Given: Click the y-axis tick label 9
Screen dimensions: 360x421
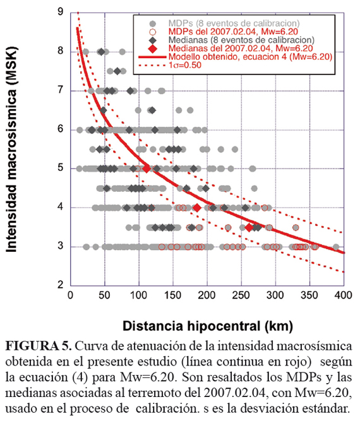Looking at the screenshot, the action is (x=61, y=11).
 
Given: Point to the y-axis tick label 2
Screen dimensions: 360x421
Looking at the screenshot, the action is (x=61, y=285).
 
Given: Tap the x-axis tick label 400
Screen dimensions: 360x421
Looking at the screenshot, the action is (x=343, y=295).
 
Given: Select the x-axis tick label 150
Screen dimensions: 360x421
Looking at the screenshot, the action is (x=173, y=295).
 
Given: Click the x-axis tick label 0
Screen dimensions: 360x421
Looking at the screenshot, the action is (x=70, y=295).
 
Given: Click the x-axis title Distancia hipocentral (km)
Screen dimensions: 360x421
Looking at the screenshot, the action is (x=208, y=326).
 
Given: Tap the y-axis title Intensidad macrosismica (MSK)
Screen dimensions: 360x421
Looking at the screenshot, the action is (x=12, y=150).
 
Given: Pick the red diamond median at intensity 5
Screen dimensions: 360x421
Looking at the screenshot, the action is (x=147, y=169).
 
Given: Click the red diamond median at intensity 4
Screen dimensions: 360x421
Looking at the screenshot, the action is (x=197, y=208).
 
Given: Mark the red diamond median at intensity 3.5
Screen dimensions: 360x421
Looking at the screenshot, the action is (x=249, y=227).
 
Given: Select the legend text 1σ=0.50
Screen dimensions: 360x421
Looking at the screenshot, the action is (x=185, y=65).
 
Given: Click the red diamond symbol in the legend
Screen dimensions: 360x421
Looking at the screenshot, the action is (x=153, y=49).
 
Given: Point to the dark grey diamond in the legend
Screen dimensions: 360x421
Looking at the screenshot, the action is (x=153, y=40).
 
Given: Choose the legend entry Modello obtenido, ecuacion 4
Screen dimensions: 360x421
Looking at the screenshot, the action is (x=250, y=57).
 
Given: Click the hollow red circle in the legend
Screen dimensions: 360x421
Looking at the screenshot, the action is (x=153, y=32).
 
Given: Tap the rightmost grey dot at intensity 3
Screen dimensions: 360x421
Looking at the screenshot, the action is (x=336, y=247).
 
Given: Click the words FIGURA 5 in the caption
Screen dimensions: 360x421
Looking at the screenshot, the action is (x=39, y=346).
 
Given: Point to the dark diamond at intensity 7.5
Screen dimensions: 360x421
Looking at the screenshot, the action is (x=117, y=71).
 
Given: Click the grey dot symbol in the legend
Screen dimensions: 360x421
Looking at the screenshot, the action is (x=153, y=23).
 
